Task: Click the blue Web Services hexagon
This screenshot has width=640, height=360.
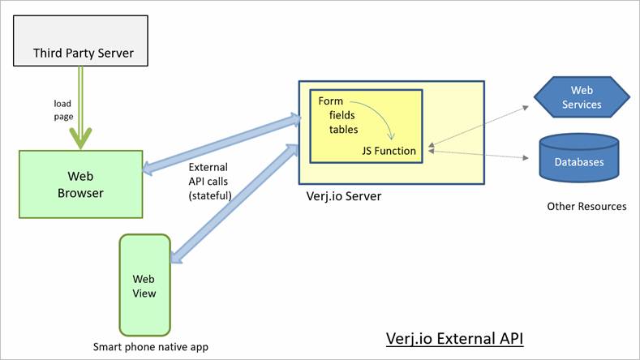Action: point(581,98)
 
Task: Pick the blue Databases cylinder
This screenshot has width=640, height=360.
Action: point(578,159)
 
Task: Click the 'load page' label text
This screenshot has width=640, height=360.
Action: point(63,109)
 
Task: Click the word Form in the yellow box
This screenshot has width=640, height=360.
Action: point(330,101)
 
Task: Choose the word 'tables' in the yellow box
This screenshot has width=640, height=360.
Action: point(344,129)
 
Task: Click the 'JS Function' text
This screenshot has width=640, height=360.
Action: point(389,150)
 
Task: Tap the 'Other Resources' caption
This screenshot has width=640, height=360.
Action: point(586,206)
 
